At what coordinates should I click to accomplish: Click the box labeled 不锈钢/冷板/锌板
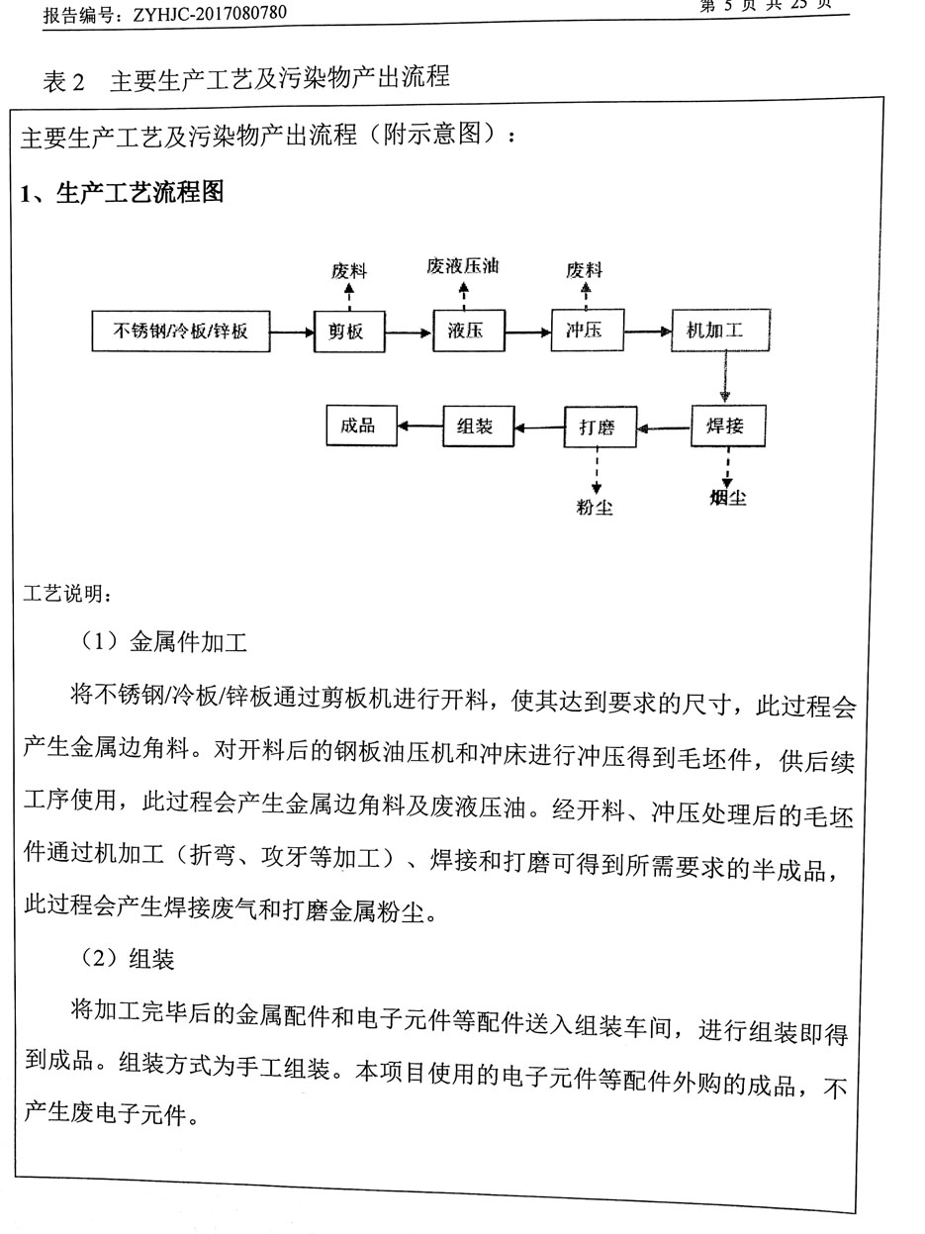180,332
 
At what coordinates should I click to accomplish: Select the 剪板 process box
346,332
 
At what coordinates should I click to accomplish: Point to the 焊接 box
727,427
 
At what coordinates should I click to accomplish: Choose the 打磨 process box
600,427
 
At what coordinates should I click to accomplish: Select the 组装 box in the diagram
480,427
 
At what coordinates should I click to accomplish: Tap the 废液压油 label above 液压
463,266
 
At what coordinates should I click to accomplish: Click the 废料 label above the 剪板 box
348,269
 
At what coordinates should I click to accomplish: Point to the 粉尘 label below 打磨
595,508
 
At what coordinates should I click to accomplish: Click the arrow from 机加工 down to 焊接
724,377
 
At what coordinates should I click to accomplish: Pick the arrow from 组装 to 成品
421,427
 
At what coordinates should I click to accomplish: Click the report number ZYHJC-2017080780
203,14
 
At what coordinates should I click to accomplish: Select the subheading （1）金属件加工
164,642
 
